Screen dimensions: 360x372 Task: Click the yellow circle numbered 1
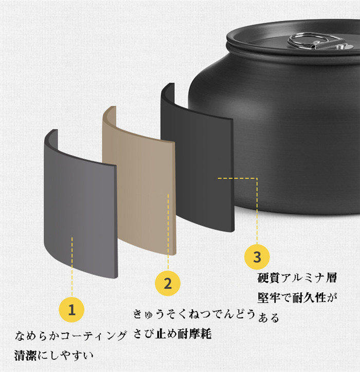(x=71, y=310)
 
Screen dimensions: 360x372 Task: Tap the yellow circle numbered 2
(x=168, y=283)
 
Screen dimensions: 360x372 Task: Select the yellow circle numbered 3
(x=257, y=257)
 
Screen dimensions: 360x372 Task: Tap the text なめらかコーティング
(x=70, y=336)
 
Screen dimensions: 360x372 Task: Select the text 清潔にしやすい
(x=53, y=356)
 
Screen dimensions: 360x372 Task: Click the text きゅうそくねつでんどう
(x=194, y=314)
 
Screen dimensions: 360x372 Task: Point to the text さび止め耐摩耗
(x=172, y=334)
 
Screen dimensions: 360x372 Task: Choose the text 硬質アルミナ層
(x=297, y=278)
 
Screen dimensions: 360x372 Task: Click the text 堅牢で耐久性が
(x=297, y=297)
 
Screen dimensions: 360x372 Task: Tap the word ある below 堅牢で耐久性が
(x=268, y=318)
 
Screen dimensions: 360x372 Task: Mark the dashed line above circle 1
(x=72, y=267)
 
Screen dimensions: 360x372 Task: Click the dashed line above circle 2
(x=168, y=232)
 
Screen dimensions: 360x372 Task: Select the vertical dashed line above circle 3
(x=257, y=211)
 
